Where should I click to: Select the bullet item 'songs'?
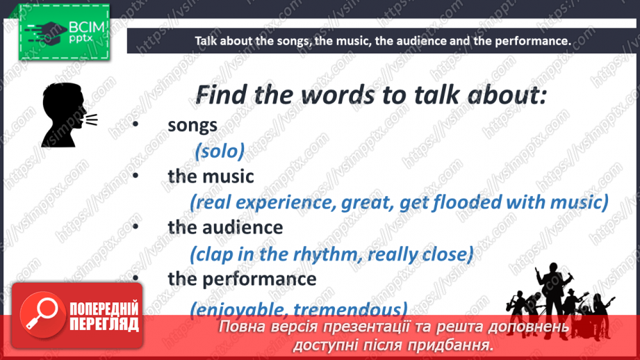click(192, 125)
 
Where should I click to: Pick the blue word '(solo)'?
click(220, 151)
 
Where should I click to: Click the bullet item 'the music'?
click(211, 177)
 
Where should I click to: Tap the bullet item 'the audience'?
click(225, 227)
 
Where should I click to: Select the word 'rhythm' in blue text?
click(320, 254)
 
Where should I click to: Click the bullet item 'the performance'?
click(242, 279)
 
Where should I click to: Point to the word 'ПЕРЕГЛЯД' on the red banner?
click(104, 325)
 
